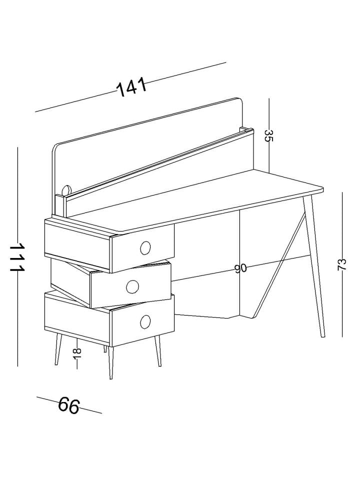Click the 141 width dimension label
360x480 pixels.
[132, 86]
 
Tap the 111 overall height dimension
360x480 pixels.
[17, 257]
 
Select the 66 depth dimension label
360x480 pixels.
[69, 405]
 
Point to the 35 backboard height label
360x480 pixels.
[268, 135]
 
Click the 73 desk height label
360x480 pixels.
[341, 264]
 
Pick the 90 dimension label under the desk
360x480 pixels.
[240, 268]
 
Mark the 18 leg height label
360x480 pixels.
[77, 354]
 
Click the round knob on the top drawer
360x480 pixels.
[145, 248]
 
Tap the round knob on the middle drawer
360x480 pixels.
[132, 286]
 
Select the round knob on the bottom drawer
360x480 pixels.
[145, 321]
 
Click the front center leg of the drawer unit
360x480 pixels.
[111, 363]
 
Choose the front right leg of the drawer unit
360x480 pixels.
[157, 351]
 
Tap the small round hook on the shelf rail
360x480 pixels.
[66, 190]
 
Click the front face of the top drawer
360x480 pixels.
[143, 248]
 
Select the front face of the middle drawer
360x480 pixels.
[130, 285]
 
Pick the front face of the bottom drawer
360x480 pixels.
[143, 321]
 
